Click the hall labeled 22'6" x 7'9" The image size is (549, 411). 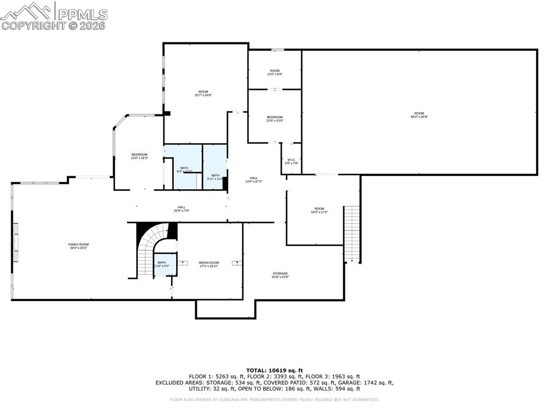[x=182, y=209]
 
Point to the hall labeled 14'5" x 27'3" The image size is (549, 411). [x=254, y=180]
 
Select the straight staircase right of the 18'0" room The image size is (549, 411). [x=351, y=233]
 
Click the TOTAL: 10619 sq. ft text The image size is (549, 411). [x=274, y=370]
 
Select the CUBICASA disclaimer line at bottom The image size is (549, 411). [x=274, y=399]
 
